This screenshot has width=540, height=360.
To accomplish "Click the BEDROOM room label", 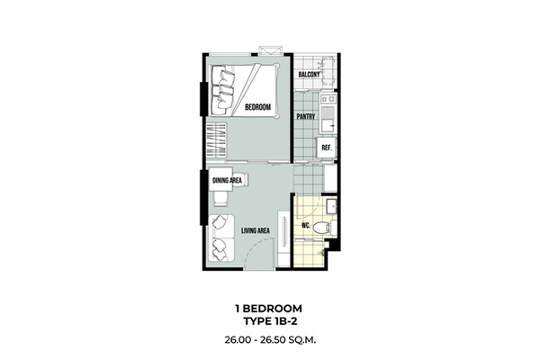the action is click(x=257, y=107).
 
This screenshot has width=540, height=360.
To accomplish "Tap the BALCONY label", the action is click(x=309, y=75).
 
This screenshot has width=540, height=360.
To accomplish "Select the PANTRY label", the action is click(x=306, y=117).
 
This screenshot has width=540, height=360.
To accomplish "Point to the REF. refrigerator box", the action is click(x=326, y=148).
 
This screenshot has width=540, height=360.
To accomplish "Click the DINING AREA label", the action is click(x=227, y=181).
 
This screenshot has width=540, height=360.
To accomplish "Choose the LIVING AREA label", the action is click(x=256, y=230).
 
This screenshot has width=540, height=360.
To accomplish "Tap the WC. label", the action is click(x=306, y=226).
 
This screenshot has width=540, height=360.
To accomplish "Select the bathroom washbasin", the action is click(x=331, y=206).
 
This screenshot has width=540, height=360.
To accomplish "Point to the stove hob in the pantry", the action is click(x=328, y=99).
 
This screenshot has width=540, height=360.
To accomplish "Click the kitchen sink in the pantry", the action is click(x=328, y=120).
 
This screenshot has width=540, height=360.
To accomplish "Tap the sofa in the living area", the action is click(x=221, y=238).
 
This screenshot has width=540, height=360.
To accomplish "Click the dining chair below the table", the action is click(x=220, y=198).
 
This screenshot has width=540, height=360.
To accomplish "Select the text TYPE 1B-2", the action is click(x=270, y=321).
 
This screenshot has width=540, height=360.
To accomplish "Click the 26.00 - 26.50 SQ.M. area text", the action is click(x=270, y=340).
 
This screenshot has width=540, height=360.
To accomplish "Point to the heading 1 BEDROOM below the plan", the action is click(x=268, y=309).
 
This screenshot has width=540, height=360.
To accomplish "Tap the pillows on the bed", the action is click(x=223, y=90).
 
